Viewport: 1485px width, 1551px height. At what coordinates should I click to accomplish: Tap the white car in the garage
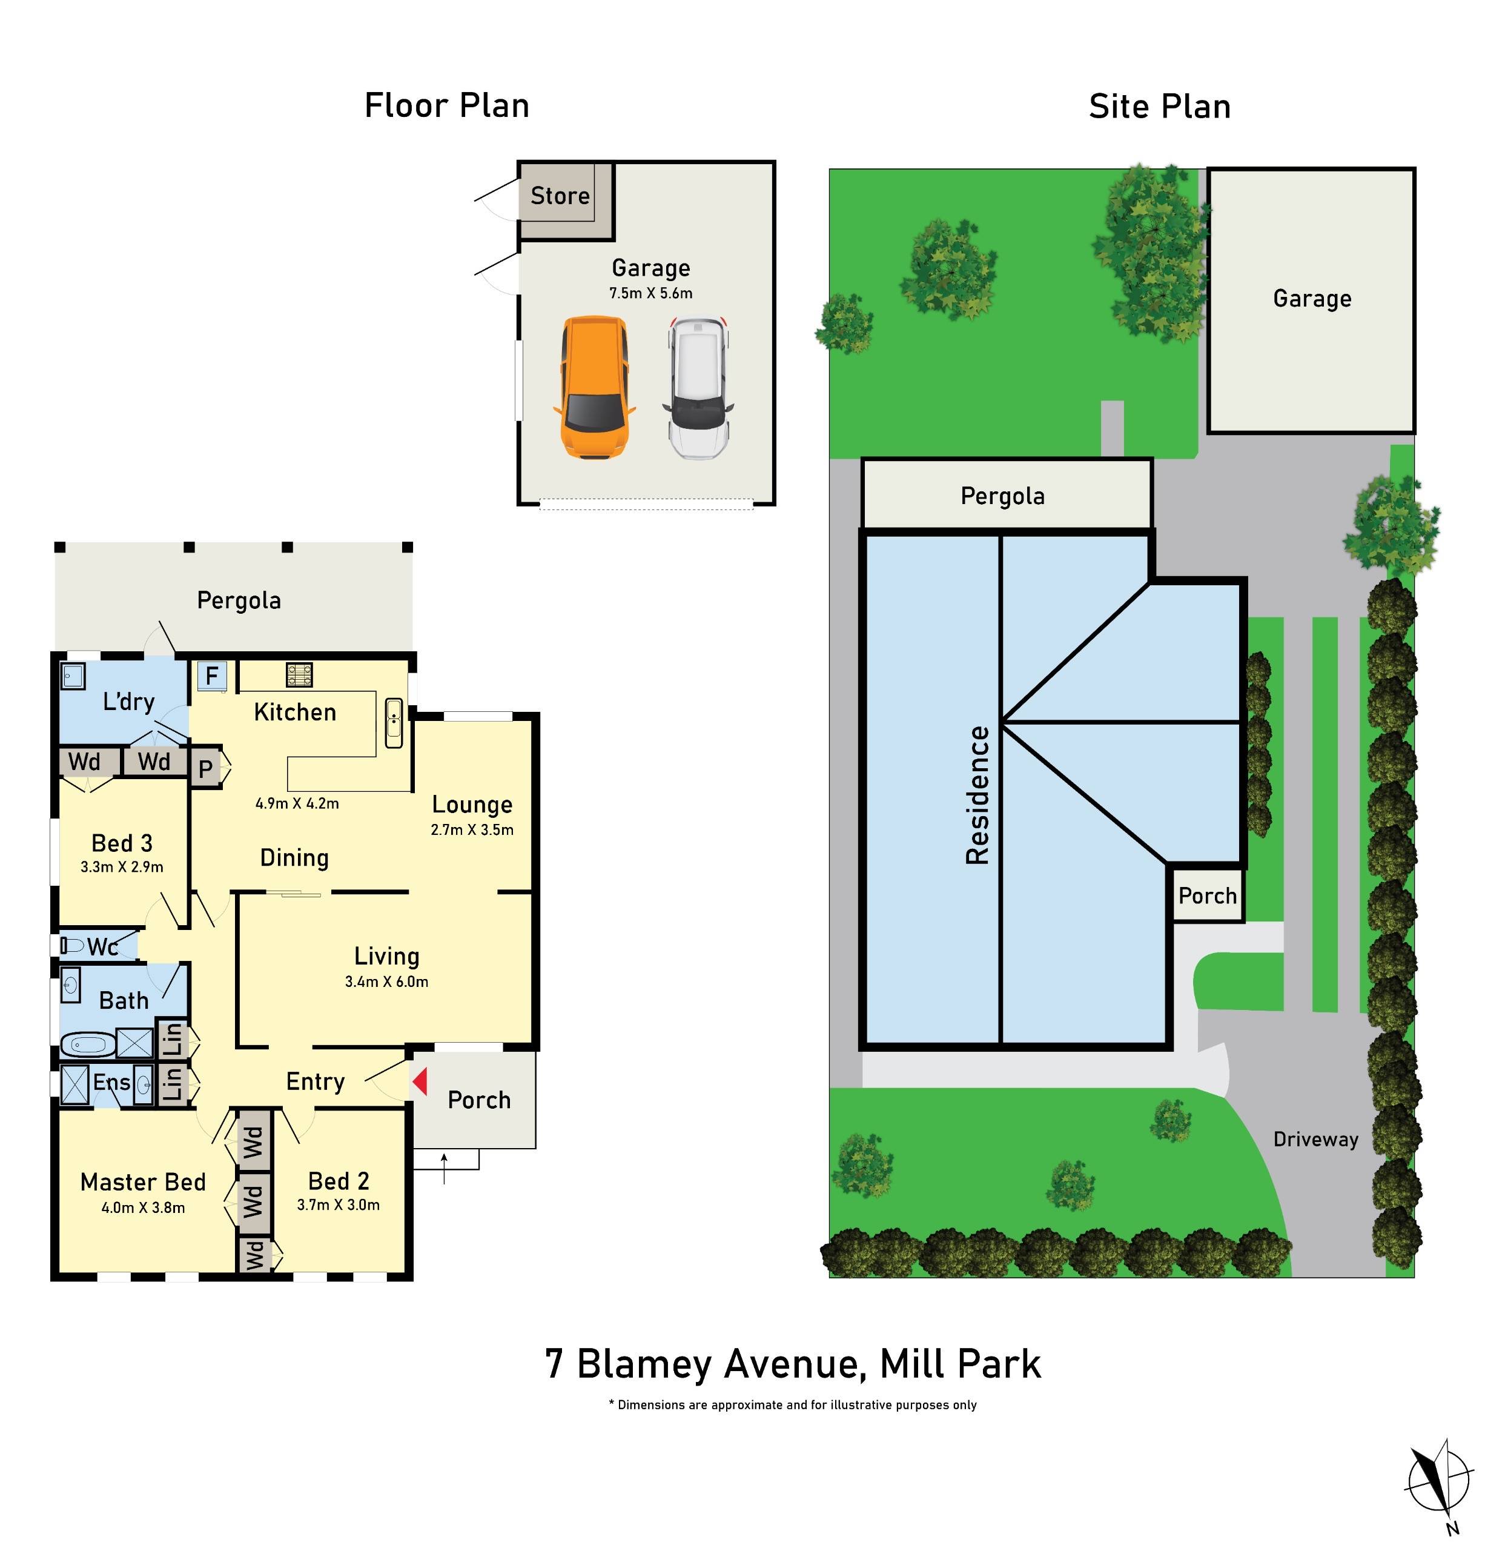pyautogui.click(x=696, y=388)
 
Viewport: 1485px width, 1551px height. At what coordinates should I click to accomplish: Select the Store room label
pyautogui.click(x=560, y=196)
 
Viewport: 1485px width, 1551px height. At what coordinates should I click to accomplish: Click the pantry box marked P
pyautogui.click(x=205, y=768)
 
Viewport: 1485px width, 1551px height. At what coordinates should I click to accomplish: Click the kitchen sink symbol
pyautogui.click(x=393, y=722)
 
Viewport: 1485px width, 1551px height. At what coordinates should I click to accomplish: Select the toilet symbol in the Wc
pyautogui.click(x=72, y=946)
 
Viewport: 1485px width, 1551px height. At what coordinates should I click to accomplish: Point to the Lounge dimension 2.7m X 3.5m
pyautogui.click(x=472, y=830)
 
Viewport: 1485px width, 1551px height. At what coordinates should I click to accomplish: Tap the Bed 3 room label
pyautogui.click(x=122, y=843)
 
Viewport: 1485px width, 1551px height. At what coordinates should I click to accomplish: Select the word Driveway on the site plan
pyautogui.click(x=1315, y=1140)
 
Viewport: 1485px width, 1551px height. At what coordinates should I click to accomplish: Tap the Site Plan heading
pyautogui.click(x=1159, y=107)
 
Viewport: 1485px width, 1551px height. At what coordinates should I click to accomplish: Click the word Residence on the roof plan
pyautogui.click(x=978, y=795)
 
